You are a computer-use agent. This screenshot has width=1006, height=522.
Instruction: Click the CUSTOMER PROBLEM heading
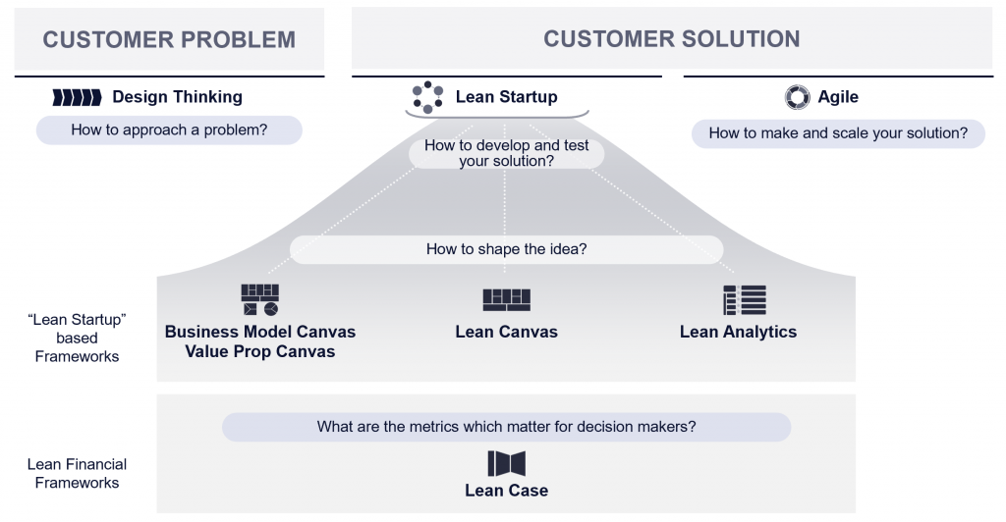point(169,40)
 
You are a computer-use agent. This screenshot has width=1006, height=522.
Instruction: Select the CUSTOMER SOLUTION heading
point(671,39)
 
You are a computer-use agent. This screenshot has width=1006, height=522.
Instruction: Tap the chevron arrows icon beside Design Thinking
point(77,97)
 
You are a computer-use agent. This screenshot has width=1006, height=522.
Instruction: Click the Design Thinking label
point(177,97)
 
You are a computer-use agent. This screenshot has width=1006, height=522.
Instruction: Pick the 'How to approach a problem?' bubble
point(169,130)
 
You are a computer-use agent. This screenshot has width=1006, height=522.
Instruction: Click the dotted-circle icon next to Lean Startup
point(427,97)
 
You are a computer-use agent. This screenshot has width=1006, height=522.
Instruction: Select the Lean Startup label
point(506,97)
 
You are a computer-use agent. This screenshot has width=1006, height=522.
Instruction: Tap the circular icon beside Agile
point(797,97)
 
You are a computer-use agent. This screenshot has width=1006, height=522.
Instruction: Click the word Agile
point(838,97)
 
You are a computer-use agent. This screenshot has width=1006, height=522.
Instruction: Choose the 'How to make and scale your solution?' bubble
point(838,133)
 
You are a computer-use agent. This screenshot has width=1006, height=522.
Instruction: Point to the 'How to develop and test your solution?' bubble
point(506,153)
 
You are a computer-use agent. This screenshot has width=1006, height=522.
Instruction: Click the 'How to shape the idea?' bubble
point(506,249)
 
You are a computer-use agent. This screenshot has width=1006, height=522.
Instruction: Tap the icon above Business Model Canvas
point(260,300)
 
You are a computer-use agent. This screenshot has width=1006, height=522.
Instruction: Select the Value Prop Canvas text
point(260,351)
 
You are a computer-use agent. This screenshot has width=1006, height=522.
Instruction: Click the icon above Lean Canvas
point(506,300)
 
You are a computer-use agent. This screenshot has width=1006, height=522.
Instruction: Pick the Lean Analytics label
point(738,332)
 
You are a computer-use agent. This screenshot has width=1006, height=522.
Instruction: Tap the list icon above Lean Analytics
point(744,300)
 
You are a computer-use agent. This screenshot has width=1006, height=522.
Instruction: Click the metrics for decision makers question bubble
point(506,427)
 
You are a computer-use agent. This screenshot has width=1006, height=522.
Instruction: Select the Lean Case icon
point(506,463)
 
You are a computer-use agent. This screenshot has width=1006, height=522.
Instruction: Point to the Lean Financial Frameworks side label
point(77,473)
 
